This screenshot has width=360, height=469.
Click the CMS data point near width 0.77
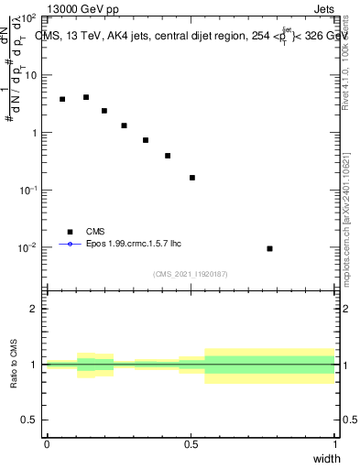(269, 248)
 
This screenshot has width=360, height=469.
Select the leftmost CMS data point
(62, 99)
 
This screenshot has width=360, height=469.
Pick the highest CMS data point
(86, 97)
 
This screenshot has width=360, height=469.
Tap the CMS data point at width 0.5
(192, 178)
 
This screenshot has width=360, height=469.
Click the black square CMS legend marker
(70, 232)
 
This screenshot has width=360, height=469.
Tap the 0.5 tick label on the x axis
(191, 444)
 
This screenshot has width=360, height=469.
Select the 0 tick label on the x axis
(47, 444)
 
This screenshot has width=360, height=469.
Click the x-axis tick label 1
(335, 444)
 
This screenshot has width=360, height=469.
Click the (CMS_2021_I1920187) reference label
(191, 274)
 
